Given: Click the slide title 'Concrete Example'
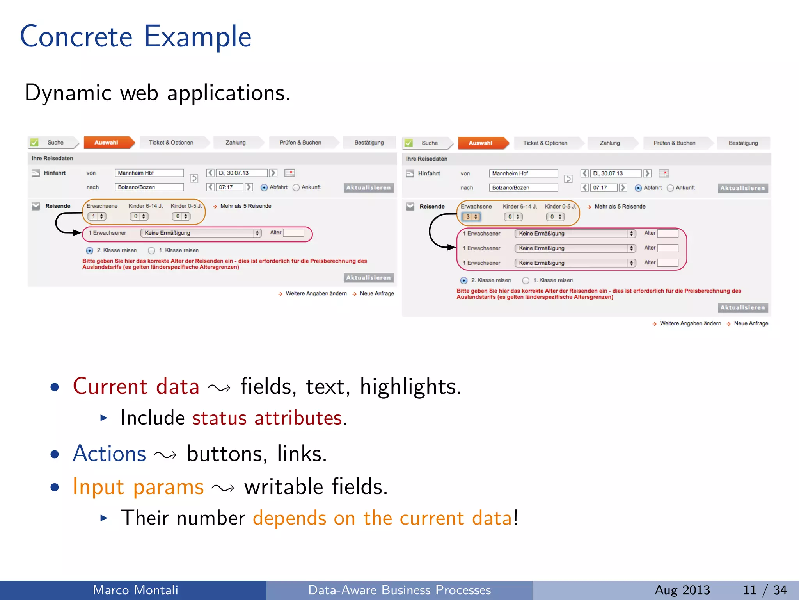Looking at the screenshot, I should click(x=135, y=36).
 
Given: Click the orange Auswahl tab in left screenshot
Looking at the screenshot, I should click(x=107, y=143).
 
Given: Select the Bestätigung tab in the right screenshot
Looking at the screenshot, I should click(x=743, y=143).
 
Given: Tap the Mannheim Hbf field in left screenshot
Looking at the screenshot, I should click(x=149, y=173).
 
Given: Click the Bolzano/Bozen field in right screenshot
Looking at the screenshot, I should click(x=523, y=187).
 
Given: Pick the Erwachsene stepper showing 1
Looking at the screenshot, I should click(x=97, y=216).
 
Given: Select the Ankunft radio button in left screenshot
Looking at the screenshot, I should click(x=296, y=187).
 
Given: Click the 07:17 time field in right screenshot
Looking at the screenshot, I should click(x=603, y=187).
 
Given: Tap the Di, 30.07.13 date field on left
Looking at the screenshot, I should click(x=241, y=173).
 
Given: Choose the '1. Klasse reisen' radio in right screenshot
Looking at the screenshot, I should click(x=526, y=280).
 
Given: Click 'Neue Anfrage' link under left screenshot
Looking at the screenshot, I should click(x=376, y=293).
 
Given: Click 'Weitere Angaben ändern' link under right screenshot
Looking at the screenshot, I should click(x=690, y=323).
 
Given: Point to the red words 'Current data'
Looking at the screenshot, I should click(x=136, y=386).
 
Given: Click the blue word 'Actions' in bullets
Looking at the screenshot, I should click(x=110, y=454).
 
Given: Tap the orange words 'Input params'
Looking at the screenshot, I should click(x=138, y=487).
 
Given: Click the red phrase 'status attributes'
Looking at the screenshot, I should click(x=267, y=418).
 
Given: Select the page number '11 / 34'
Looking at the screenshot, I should click(x=765, y=590).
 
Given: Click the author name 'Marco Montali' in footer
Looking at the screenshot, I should click(x=135, y=590).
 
